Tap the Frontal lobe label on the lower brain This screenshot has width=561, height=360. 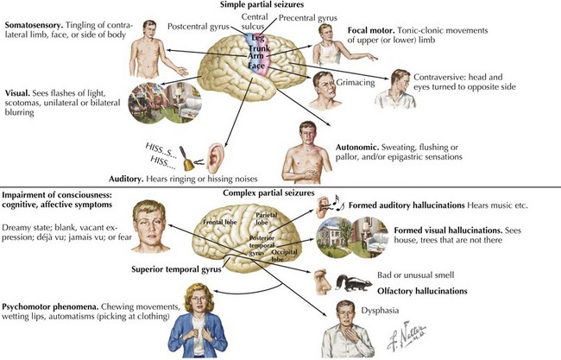coord(218,228)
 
